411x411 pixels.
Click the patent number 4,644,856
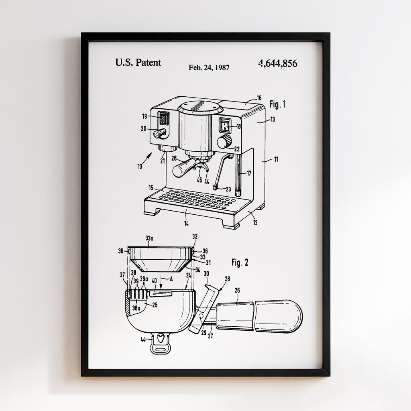[x=278, y=63]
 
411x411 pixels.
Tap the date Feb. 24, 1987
[x=209, y=67]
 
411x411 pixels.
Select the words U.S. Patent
[x=138, y=62]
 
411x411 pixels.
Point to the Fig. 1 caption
[x=278, y=104]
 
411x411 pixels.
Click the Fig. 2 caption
[x=240, y=262]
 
